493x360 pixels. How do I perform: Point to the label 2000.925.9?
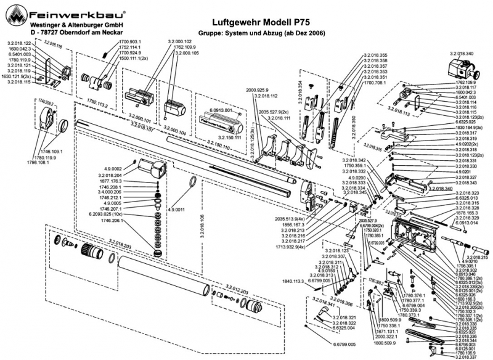(x=257, y=90)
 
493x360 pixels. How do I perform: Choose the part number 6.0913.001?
(x=220, y=110)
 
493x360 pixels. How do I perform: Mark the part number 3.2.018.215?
(x=476, y=257)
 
